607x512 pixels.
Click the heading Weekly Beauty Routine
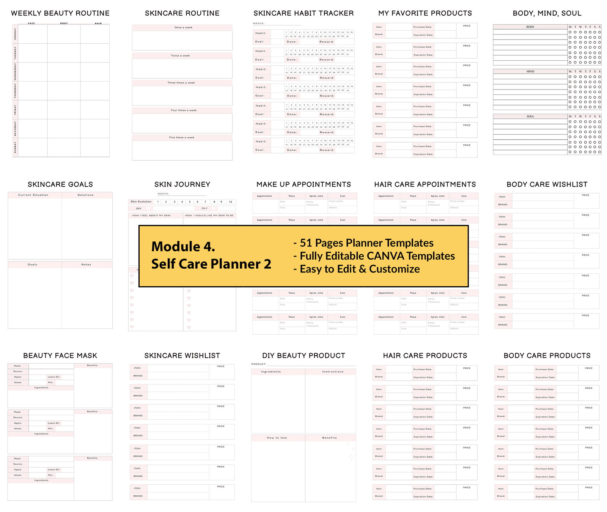point(60,13)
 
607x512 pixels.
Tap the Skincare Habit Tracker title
point(303,13)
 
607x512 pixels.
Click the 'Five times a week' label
point(182,137)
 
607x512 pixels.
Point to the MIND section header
point(530,71)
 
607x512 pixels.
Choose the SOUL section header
point(530,117)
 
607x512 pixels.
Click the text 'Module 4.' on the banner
point(183,247)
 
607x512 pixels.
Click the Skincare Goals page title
point(60,184)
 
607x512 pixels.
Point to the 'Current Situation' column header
point(33,195)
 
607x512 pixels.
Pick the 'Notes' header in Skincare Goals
point(86,265)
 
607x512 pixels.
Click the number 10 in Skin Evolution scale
point(230,202)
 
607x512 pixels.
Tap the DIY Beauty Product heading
point(303,356)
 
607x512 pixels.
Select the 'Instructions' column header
point(333,372)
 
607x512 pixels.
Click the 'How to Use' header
point(277,438)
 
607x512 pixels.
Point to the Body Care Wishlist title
point(547,184)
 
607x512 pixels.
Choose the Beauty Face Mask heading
point(60,356)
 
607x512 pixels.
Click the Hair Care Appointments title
point(425,184)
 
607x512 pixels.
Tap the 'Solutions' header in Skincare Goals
point(86,195)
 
